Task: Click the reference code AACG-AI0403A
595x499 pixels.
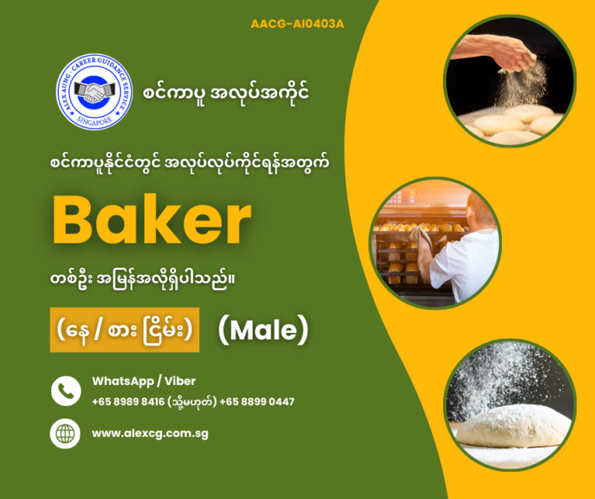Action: pos(297,24)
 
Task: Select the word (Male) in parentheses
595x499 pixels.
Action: pos(263,331)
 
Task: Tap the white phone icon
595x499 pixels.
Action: pos(66,391)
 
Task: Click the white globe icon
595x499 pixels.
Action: pos(66,433)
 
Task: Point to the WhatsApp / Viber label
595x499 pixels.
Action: pos(143,380)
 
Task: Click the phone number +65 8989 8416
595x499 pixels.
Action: pos(127,401)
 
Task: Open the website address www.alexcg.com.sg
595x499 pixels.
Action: pos(150,433)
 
